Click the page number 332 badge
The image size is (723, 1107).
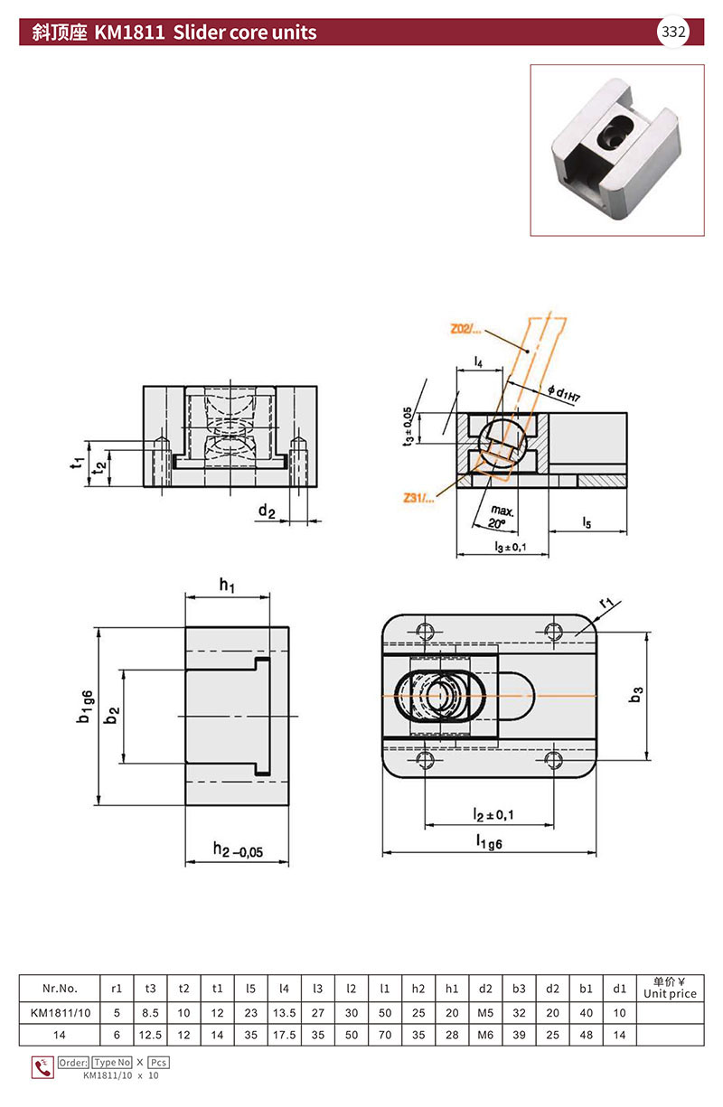tap(672, 33)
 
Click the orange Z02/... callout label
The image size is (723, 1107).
tap(465, 329)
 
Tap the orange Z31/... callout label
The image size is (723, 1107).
tap(418, 498)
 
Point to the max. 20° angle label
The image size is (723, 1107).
tap(500, 517)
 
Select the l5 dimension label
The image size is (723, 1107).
tap(587, 522)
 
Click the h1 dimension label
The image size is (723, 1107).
tap(227, 586)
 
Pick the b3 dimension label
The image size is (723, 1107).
tap(636, 694)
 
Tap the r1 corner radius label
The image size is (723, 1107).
tap(606, 603)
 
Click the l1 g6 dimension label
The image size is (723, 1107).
tap(489, 841)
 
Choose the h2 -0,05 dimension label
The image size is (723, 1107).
tap(238, 850)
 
